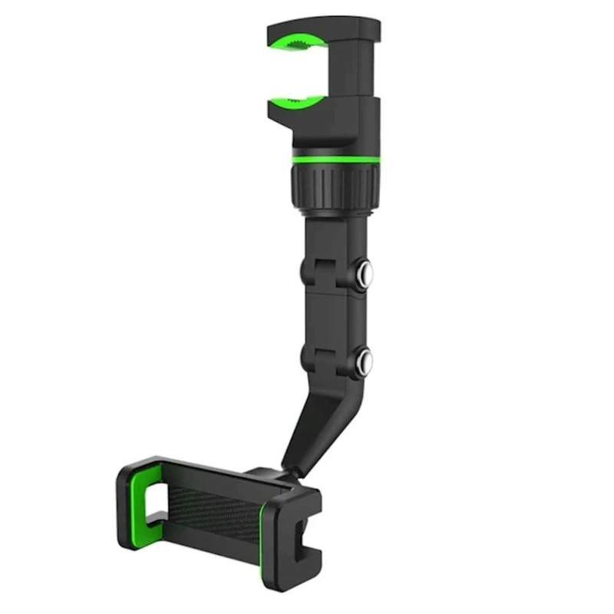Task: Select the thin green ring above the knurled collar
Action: (335, 158)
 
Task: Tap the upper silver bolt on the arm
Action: (365, 271)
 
